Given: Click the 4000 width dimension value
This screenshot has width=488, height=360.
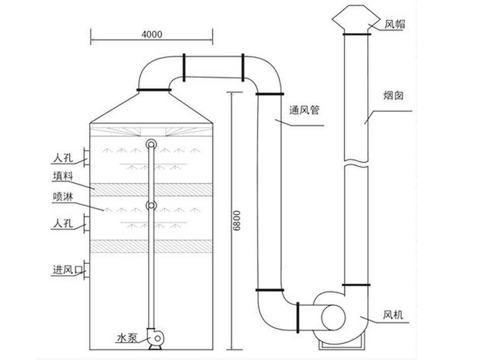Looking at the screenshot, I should [x=152, y=34].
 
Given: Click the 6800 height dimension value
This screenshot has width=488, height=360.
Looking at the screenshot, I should [x=236, y=221].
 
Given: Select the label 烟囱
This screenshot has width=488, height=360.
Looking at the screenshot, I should [x=394, y=95].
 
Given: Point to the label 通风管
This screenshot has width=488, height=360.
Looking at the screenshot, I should [x=303, y=109].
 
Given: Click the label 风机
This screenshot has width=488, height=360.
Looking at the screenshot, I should [x=393, y=315].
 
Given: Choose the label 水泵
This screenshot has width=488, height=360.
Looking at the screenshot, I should [x=127, y=338].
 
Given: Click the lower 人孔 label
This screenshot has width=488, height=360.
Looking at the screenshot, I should [x=63, y=223].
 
